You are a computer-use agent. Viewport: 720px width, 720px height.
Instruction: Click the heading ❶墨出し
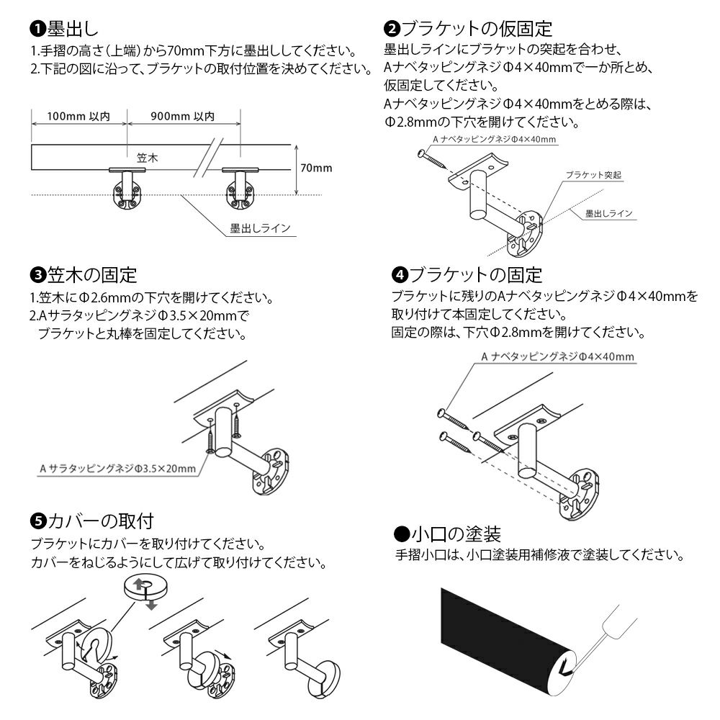click(x=65, y=30)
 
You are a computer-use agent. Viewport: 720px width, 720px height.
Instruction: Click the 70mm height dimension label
click(x=316, y=168)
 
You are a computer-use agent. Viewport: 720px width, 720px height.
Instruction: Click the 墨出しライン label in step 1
click(x=260, y=229)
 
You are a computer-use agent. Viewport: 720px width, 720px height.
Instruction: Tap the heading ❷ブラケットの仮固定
click(x=469, y=30)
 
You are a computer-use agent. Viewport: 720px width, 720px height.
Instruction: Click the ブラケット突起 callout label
click(x=593, y=175)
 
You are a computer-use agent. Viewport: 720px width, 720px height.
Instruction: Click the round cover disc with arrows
click(x=143, y=588)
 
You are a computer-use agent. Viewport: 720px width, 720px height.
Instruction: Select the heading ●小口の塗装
click(x=447, y=534)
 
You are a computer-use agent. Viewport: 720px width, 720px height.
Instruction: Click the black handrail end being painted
click(x=504, y=634)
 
